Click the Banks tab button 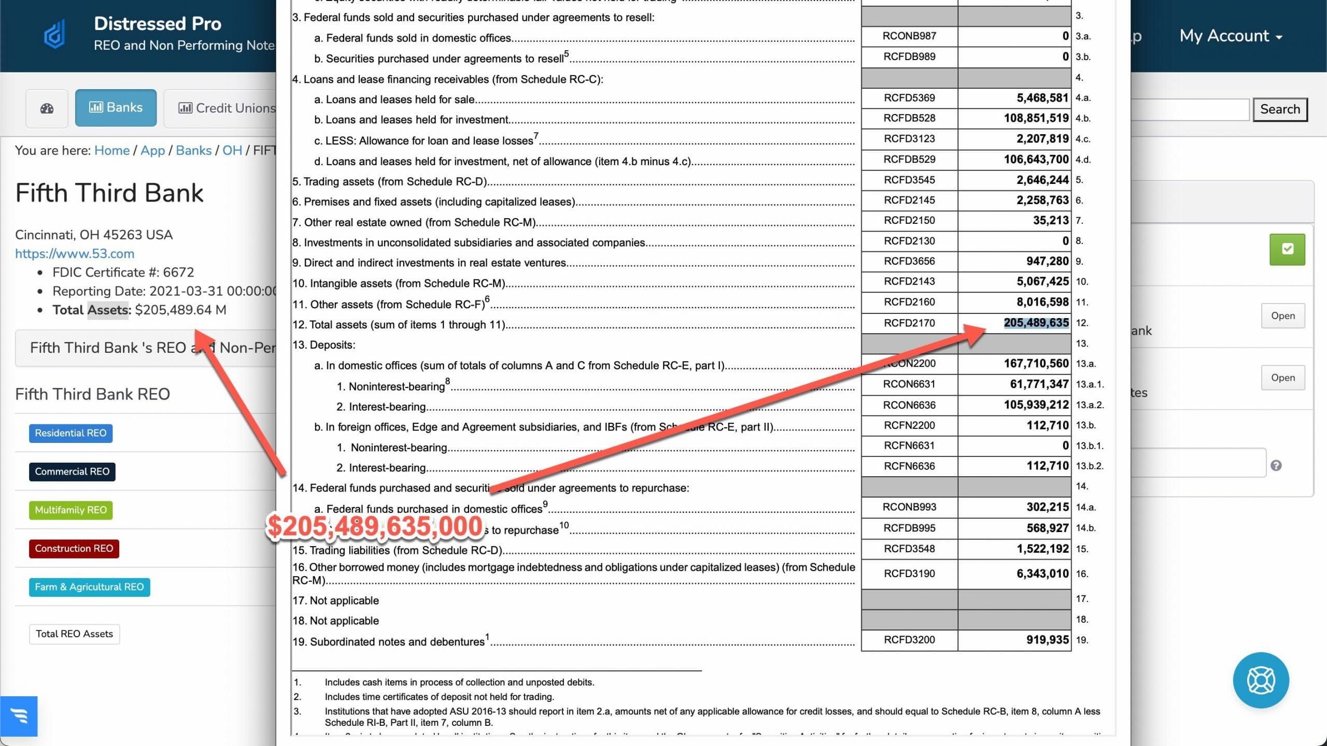coord(116,108)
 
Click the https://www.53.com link coord(75,253)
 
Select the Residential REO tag coord(70,433)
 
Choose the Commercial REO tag coord(72,471)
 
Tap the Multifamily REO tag coord(70,510)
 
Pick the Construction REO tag coord(74,549)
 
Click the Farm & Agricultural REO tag coord(89,587)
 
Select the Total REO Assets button coord(74,634)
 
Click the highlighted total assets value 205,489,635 coord(1036,323)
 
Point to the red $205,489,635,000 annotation coord(374,526)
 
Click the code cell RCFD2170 coord(909,323)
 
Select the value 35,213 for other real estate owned coord(1050,221)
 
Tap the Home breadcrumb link coord(112,150)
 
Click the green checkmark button coord(1287,249)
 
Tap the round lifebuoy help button coord(1261,680)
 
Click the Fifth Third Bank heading coord(109,193)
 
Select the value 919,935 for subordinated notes coord(1047,640)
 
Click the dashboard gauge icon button coord(47,108)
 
